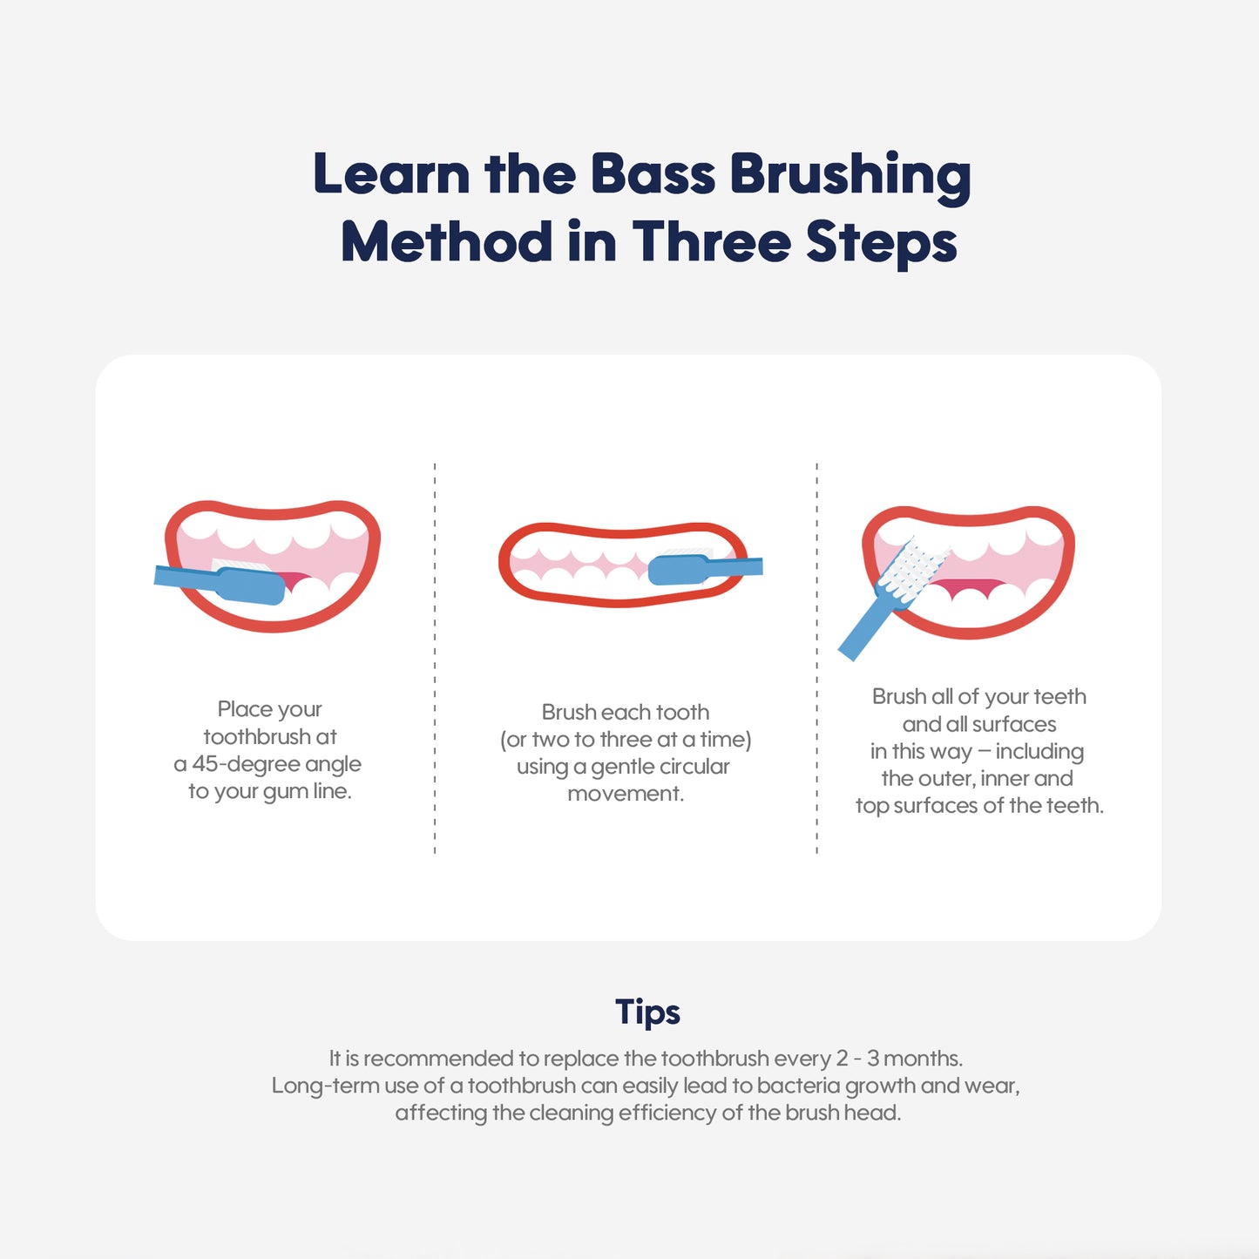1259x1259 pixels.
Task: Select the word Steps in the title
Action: (882, 245)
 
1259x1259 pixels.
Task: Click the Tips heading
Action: (647, 1012)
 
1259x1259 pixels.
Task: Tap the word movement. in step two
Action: (626, 793)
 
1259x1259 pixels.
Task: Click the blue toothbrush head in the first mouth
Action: (252, 586)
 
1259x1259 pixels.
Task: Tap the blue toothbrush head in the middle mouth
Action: (679, 569)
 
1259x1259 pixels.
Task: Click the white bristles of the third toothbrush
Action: (910, 568)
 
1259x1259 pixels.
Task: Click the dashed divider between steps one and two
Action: (435, 658)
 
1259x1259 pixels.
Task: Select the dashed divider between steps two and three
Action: (816, 658)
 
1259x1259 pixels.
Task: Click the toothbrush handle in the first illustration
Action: (186, 578)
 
